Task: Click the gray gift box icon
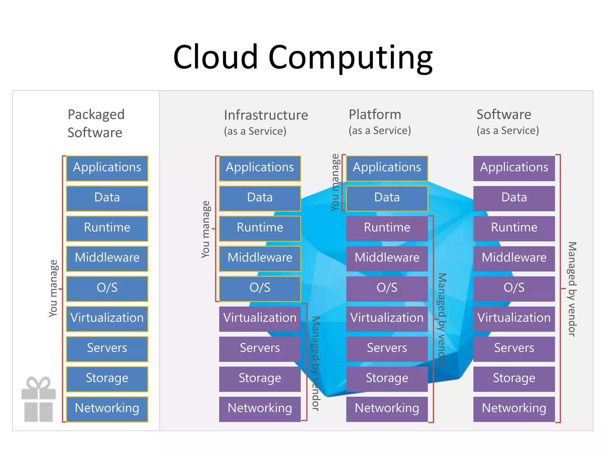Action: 38,400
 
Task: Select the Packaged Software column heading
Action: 96,123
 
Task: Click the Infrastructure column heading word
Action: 266,115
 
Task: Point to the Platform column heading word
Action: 375,114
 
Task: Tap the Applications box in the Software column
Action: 514,168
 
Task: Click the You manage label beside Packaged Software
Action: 53,288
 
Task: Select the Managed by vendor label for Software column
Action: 572,289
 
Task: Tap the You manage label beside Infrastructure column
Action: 206,229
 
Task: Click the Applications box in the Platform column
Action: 387,168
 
